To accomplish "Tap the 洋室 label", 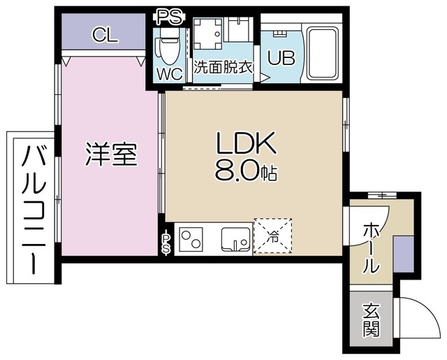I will pos(110,154).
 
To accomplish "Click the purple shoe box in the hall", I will pos(404,254).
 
